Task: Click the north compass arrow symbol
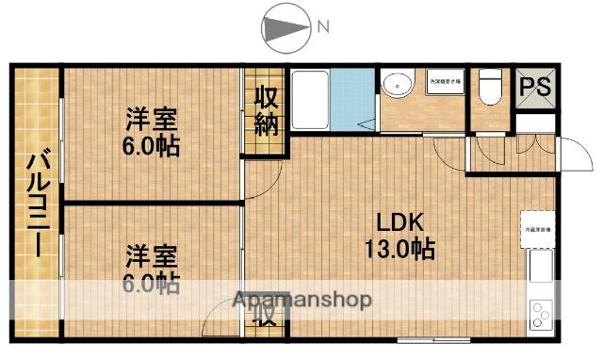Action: click(x=283, y=27)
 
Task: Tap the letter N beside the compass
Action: click(x=322, y=27)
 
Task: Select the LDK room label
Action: click(x=399, y=222)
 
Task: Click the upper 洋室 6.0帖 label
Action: click(x=153, y=132)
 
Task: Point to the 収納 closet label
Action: click(x=265, y=111)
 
